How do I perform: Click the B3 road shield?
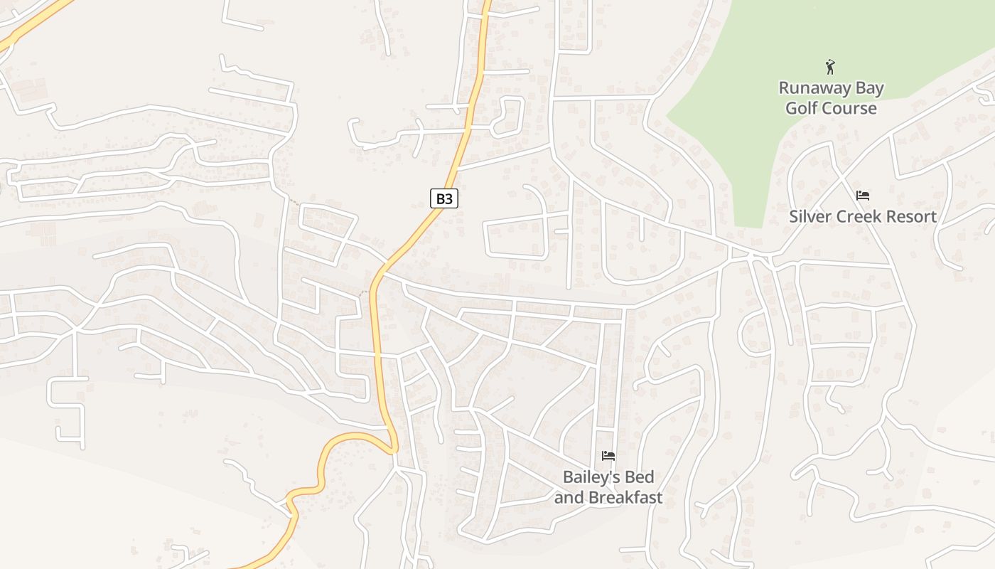[444, 198]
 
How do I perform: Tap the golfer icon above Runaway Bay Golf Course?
[830, 68]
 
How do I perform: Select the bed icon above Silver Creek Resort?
[863, 196]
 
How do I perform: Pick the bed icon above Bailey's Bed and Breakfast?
[608, 456]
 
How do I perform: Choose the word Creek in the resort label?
[856, 216]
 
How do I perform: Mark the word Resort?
[909, 216]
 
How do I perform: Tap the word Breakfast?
[626, 497]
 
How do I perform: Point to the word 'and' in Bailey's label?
[569, 497]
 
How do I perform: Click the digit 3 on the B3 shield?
[448, 198]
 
